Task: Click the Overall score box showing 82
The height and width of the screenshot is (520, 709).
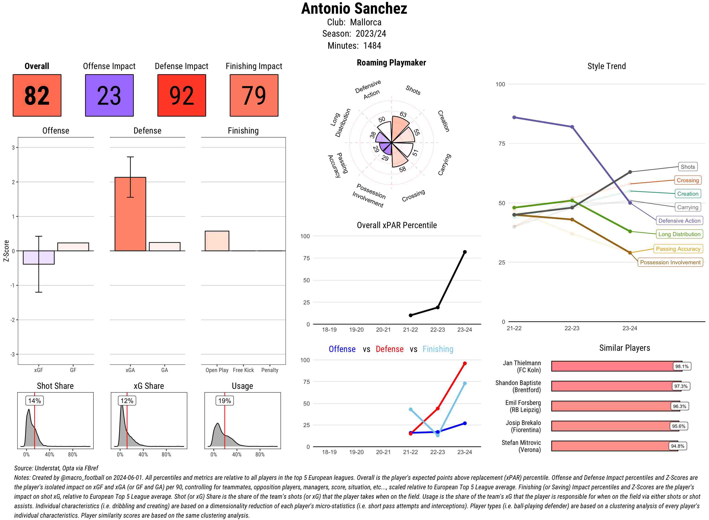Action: [37, 95]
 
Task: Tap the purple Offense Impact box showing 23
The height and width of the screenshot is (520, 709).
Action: [109, 95]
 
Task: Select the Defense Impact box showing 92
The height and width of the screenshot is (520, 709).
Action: [182, 95]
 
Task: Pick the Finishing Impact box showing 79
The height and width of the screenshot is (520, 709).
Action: [254, 95]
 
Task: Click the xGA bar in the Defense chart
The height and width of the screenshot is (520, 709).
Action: [130, 214]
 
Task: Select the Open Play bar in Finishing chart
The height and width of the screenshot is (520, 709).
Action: [217, 241]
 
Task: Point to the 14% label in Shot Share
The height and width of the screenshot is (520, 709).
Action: [35, 401]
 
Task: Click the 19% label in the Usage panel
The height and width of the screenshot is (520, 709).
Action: [225, 401]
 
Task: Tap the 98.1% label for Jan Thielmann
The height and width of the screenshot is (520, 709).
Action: [682, 366]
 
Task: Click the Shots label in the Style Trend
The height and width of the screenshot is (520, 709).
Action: [687, 167]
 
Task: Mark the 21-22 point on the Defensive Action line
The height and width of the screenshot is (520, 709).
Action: [514, 117]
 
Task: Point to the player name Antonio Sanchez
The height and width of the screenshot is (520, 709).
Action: [354, 9]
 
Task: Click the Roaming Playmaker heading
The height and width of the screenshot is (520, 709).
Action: [391, 63]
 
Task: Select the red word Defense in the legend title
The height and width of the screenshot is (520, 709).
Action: [389, 349]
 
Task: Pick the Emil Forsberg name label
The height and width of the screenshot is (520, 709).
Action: [523, 406]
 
